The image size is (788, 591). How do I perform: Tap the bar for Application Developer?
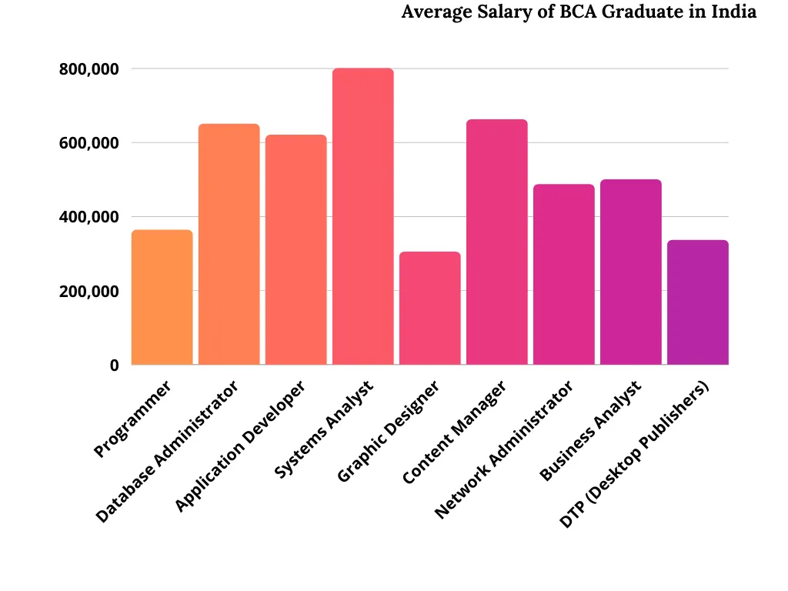(296, 249)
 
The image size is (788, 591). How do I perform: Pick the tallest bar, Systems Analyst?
(363, 216)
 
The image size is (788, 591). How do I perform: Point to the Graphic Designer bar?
(430, 308)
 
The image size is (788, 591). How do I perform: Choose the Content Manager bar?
(497, 242)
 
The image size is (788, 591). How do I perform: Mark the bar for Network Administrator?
(564, 274)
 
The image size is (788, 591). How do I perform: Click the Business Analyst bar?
(631, 272)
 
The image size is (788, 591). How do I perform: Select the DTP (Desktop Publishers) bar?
(698, 302)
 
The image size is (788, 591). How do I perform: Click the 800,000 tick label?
(88, 69)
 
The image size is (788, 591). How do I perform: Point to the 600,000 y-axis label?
(88, 143)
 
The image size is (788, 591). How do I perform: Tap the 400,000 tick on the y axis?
(88, 217)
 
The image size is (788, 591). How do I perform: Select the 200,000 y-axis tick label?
(88, 292)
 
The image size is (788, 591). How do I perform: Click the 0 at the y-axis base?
(114, 366)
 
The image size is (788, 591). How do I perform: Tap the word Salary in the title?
(492, 13)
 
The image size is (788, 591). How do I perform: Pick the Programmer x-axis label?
(132, 419)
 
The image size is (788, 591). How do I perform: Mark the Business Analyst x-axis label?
(590, 431)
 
